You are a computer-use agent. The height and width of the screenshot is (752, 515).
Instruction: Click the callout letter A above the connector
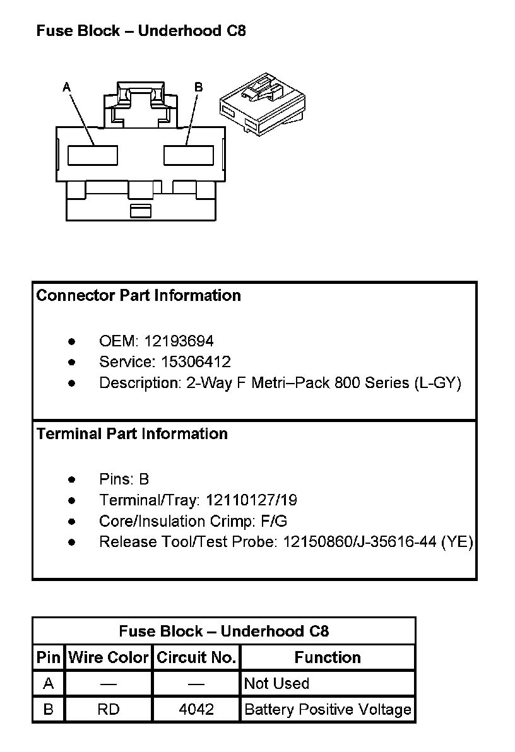tap(67, 87)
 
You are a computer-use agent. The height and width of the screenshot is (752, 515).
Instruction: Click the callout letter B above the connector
tap(198, 87)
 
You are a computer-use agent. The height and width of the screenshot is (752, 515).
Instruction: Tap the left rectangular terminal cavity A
tap(93, 155)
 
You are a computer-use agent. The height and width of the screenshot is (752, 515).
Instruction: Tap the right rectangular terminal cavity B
tap(189, 155)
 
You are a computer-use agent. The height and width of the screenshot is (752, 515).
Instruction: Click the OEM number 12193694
tap(179, 341)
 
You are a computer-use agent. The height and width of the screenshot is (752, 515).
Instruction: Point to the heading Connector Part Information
tap(139, 295)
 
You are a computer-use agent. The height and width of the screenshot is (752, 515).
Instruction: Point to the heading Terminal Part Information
tap(132, 433)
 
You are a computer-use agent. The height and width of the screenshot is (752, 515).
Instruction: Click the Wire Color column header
tap(109, 657)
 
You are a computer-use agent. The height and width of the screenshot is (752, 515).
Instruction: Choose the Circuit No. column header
tap(196, 657)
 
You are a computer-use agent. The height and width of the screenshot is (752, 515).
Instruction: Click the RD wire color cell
tap(109, 709)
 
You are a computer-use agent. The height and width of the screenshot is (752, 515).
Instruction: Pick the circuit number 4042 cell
tap(196, 709)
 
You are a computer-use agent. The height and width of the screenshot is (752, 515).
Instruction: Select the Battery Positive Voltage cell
tap(328, 709)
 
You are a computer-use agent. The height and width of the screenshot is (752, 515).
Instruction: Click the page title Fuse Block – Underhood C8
tap(141, 31)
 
